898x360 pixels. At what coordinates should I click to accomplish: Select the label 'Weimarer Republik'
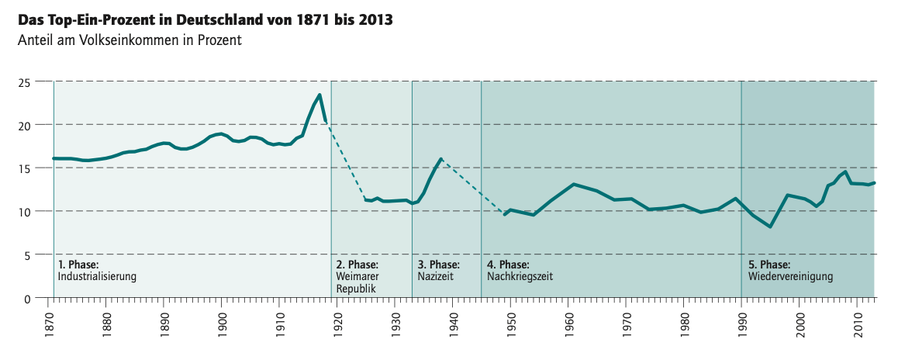pyautogui.click(x=357, y=282)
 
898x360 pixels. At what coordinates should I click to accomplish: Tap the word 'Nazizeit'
pyautogui.click(x=435, y=276)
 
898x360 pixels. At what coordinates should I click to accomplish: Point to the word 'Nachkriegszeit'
pyautogui.click(x=519, y=276)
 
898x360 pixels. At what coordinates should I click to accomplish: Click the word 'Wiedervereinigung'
pyautogui.click(x=790, y=276)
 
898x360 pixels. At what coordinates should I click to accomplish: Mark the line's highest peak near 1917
pyautogui.click(x=319, y=95)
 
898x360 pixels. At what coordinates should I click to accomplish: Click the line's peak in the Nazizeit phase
pyautogui.click(x=440, y=159)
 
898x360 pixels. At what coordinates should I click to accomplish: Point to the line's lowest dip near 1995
pyautogui.click(x=770, y=227)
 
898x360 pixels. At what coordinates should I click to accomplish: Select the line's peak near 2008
pyautogui.click(x=844, y=172)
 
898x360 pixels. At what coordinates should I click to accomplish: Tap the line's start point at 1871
pyautogui.click(x=54, y=158)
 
